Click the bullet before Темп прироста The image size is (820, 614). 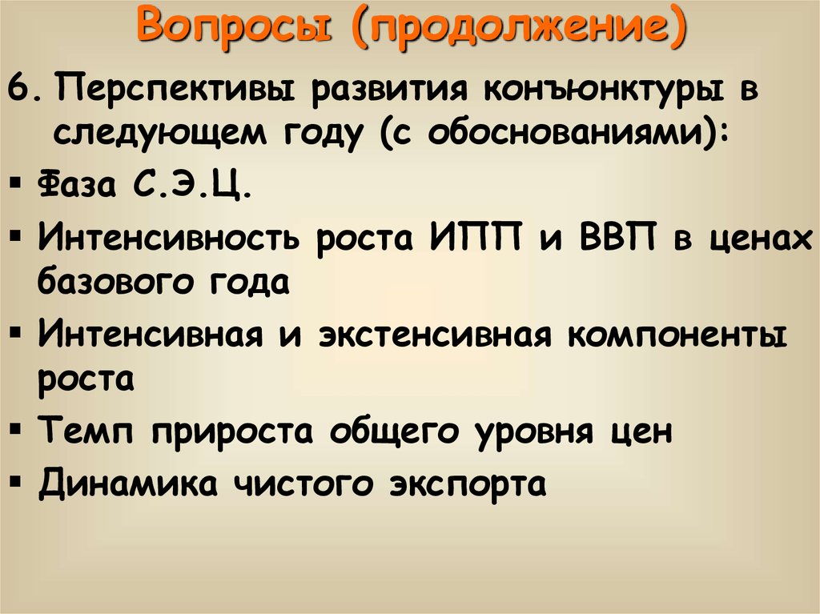click(17, 429)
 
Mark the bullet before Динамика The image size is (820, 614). click(17, 481)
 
